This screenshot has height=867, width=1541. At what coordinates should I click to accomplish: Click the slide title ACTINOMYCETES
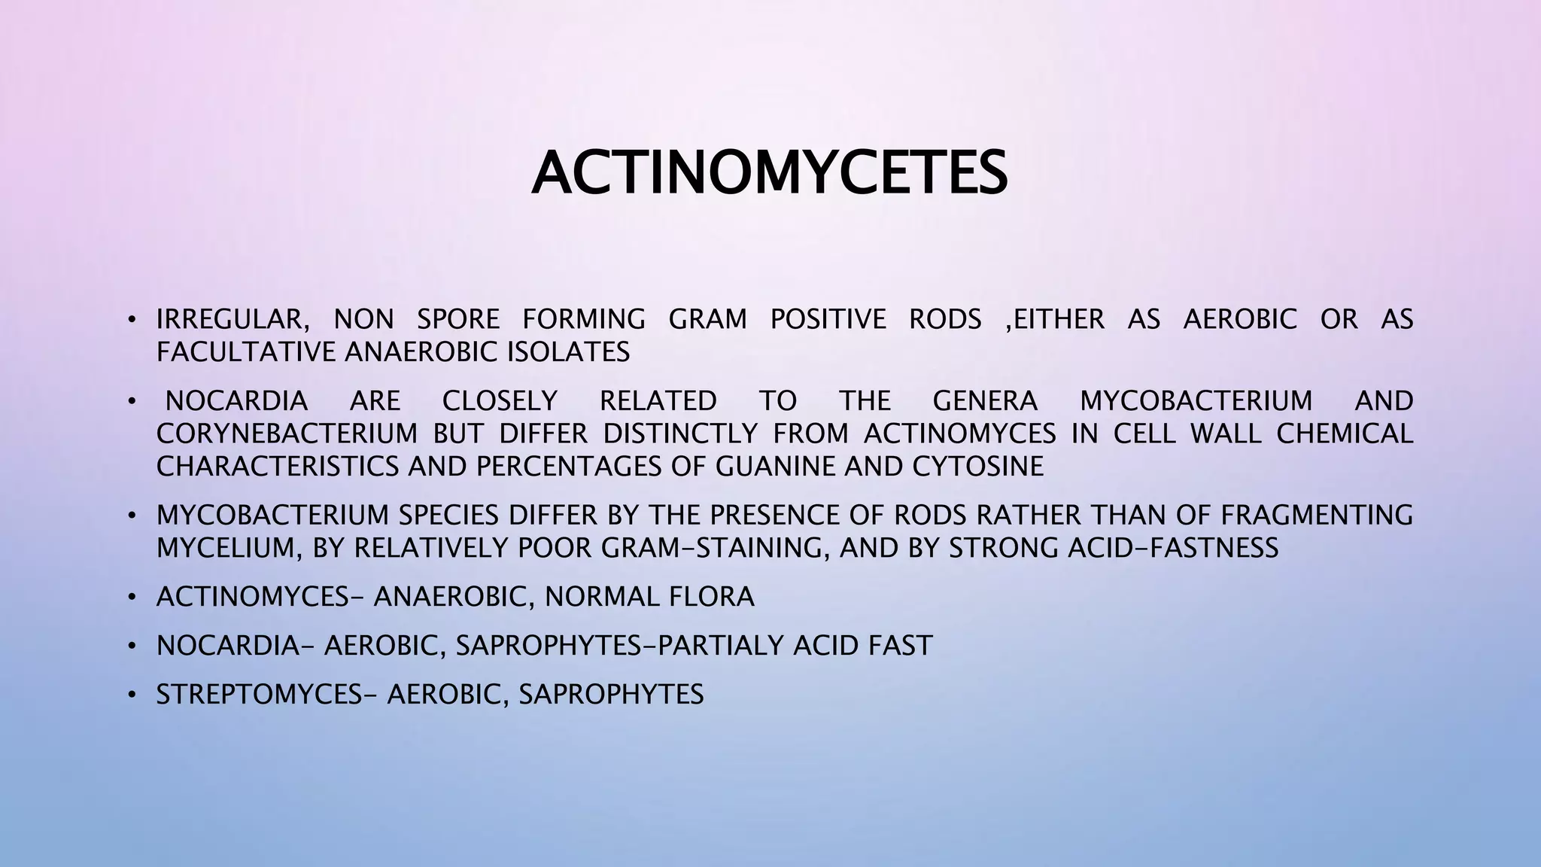(769, 174)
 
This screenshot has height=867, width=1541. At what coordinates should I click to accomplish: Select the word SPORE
(458, 320)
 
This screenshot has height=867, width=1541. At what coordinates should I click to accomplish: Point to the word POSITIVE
(828, 320)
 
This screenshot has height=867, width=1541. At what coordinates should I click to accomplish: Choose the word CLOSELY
(500, 401)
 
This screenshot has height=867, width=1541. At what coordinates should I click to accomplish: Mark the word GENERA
(985, 401)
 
